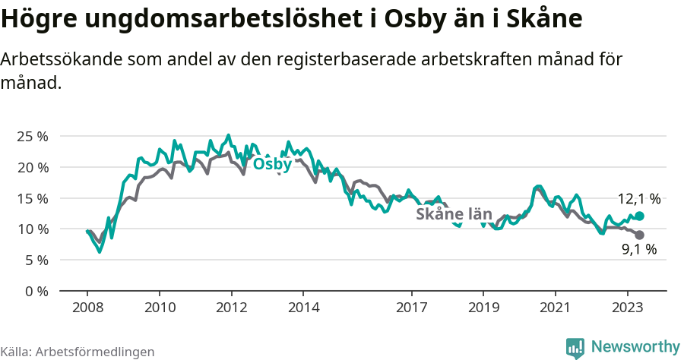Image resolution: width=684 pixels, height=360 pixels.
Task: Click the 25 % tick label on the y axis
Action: [32, 136]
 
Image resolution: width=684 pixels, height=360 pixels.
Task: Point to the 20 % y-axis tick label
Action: [32, 167]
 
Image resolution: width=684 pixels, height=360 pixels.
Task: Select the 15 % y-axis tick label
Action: [32, 198]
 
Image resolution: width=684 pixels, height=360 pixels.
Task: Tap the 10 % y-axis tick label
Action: [32, 229]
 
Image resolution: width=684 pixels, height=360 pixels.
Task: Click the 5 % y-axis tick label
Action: [36, 260]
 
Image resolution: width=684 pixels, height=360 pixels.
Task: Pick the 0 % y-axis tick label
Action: [36, 291]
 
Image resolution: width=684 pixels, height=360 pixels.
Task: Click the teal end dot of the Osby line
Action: [639, 216]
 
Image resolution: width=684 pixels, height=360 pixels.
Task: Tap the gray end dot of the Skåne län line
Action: [639, 235]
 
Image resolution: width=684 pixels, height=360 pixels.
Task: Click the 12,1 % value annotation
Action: [638, 199]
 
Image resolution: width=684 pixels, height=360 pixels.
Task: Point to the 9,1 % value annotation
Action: [638, 249]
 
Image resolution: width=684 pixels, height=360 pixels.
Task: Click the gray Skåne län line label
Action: [454, 214]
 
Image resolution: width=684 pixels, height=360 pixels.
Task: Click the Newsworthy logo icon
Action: [575, 347]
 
